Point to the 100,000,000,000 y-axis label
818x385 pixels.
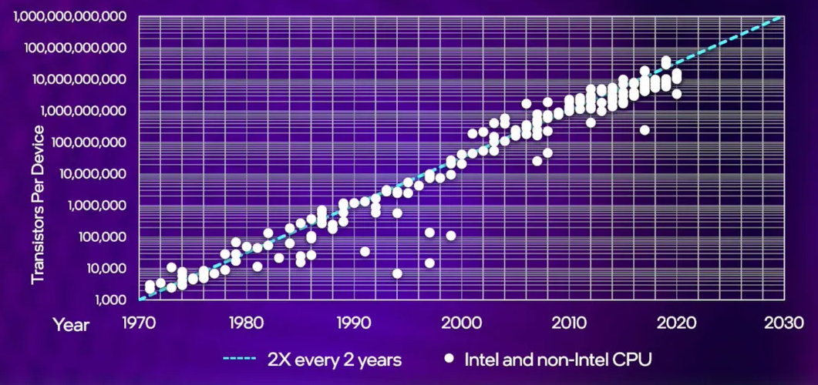coord(75,49)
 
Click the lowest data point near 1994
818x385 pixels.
coord(397,273)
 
